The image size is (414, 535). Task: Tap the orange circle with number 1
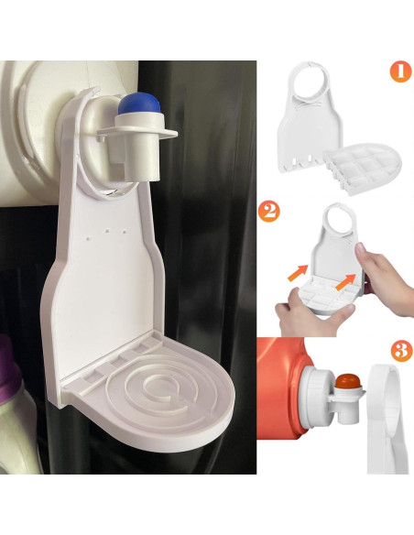(x=399, y=71)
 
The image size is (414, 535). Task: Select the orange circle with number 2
(x=268, y=212)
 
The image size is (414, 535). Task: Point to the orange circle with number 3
(x=399, y=350)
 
